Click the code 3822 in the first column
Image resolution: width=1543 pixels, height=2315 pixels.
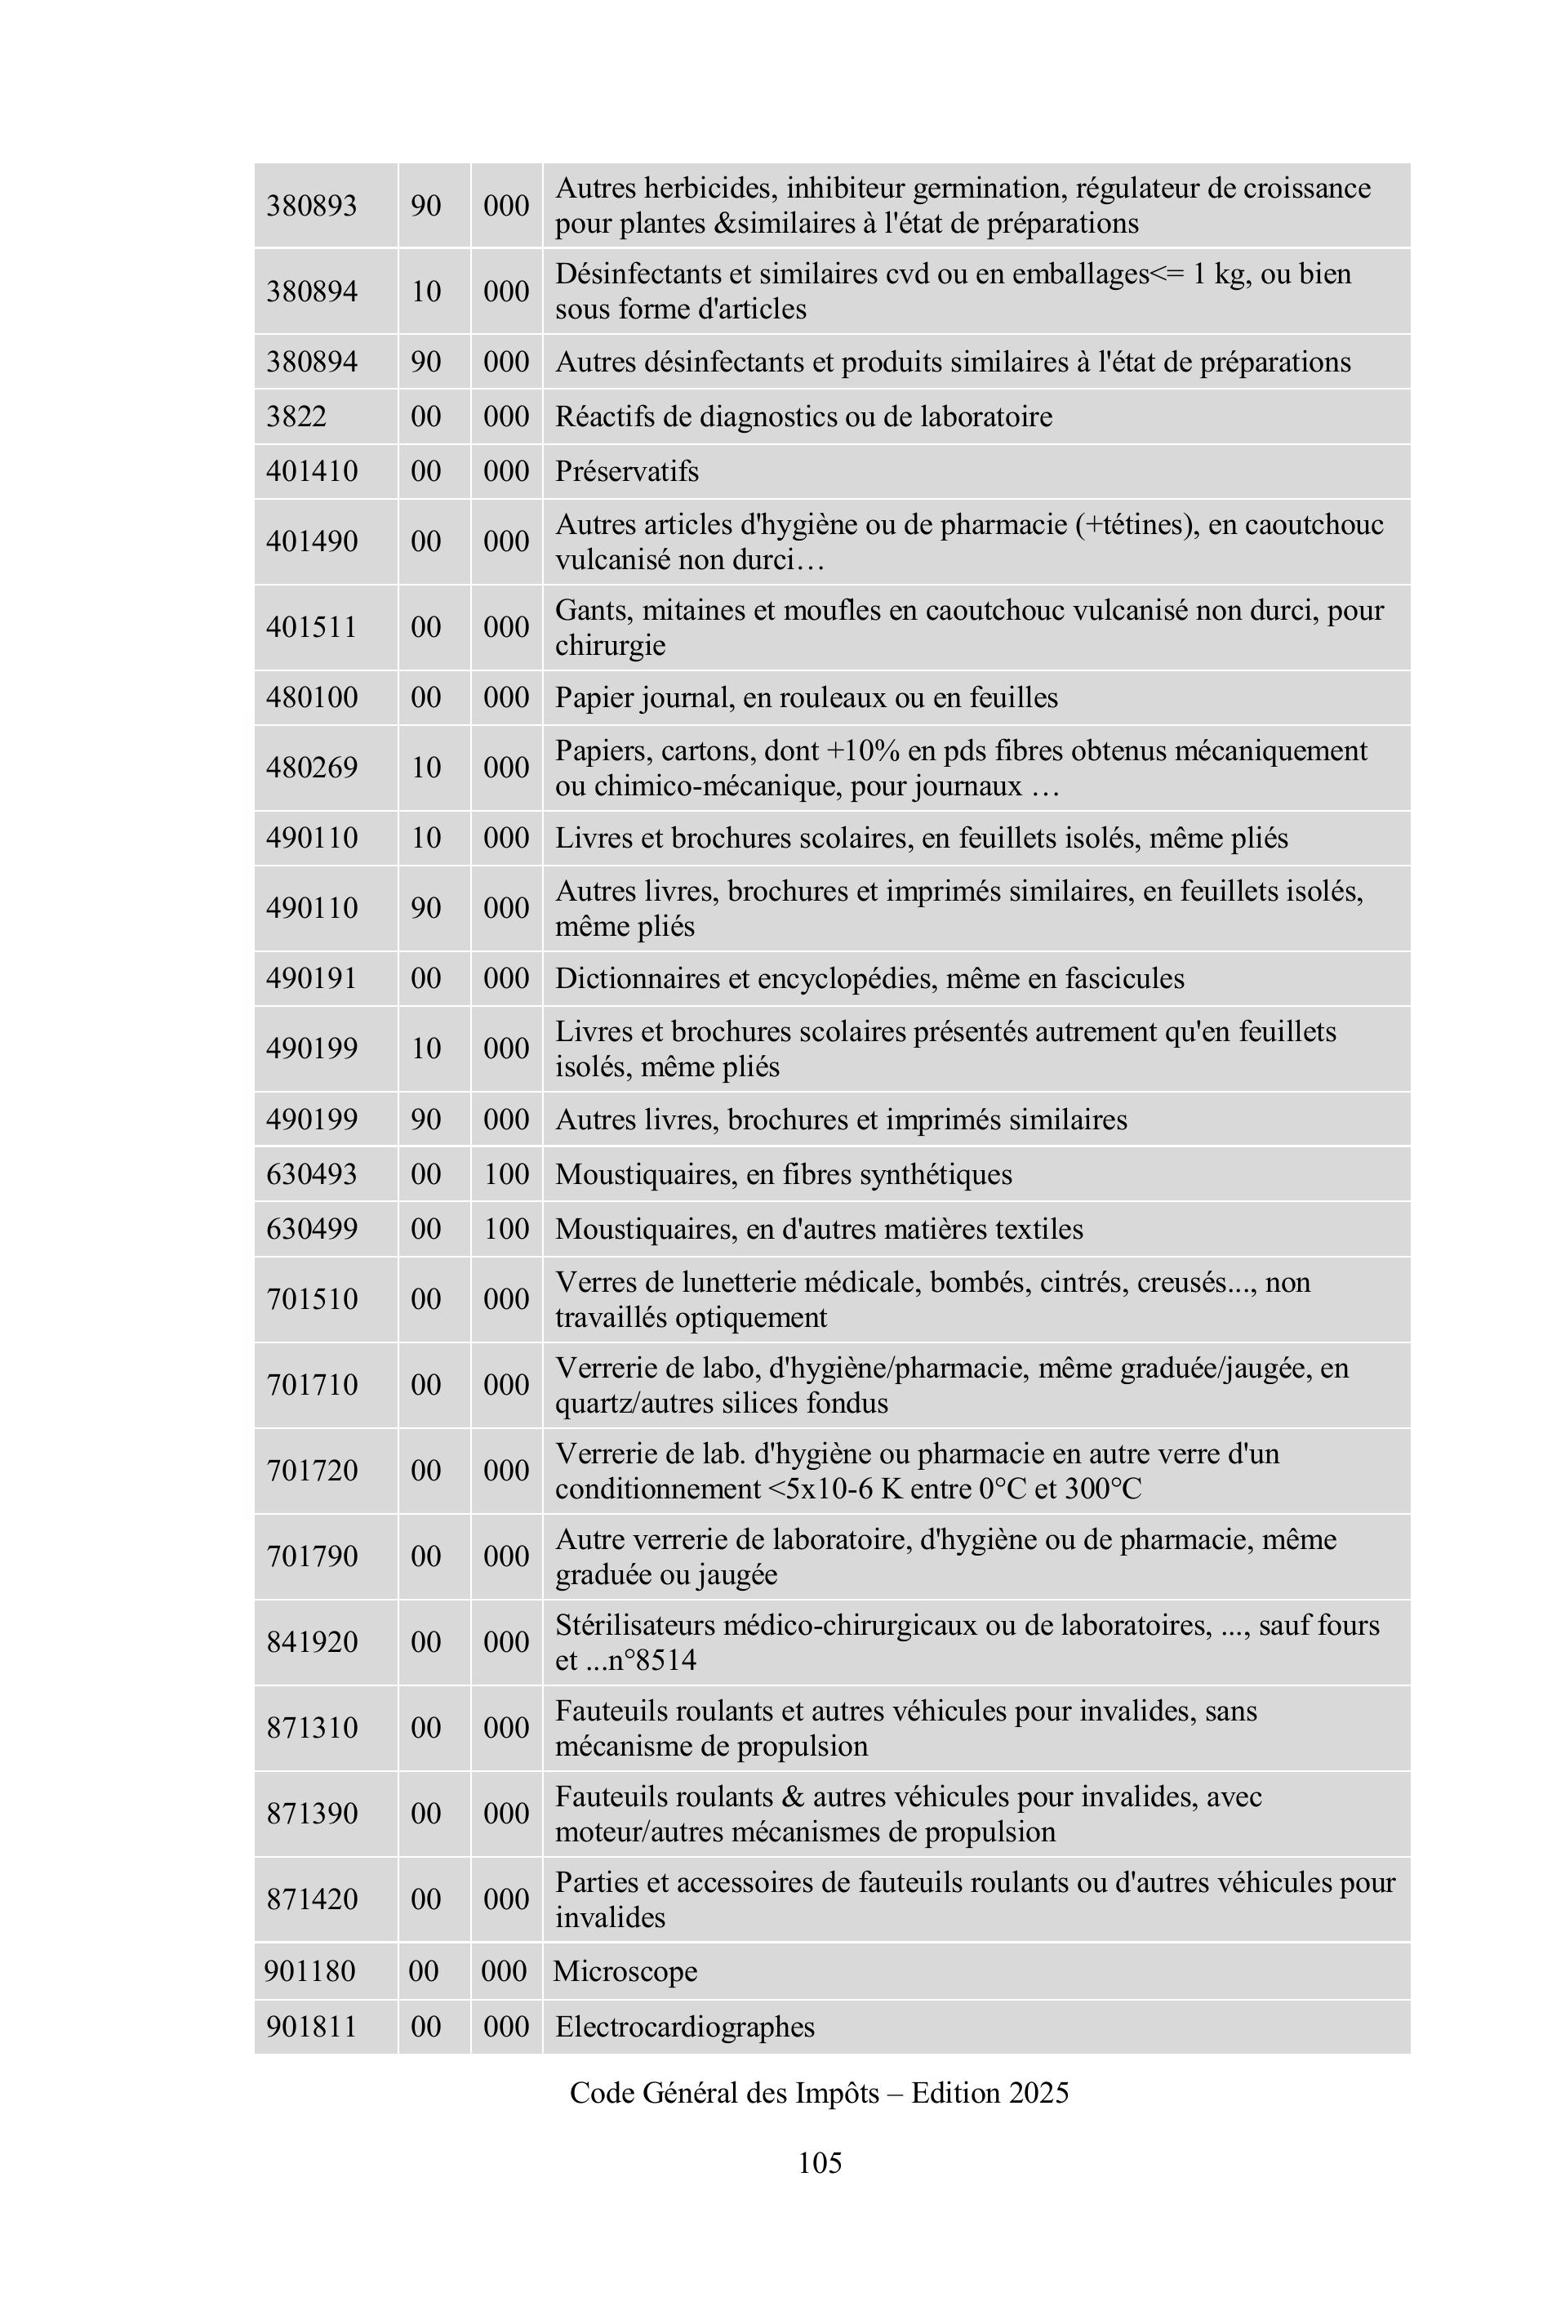pos(296,416)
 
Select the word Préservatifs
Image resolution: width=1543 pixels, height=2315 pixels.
pos(627,471)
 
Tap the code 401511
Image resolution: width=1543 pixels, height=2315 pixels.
pos(311,627)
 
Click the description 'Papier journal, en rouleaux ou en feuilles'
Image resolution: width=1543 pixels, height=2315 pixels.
pos(806,698)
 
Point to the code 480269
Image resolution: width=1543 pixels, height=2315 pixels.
pos(311,768)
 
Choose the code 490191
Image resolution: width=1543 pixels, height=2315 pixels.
pos(311,978)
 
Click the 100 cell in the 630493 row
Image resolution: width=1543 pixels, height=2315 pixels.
pos(506,1174)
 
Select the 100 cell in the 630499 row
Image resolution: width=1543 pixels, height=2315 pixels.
pos(506,1229)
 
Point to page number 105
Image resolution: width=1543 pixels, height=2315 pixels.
pos(820,2162)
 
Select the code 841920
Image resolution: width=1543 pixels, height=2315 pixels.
pos(311,1642)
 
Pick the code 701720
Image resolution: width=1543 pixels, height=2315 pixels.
pos(311,1471)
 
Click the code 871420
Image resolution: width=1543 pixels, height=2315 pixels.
pos(311,1899)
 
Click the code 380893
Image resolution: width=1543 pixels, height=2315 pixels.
pos(311,206)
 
